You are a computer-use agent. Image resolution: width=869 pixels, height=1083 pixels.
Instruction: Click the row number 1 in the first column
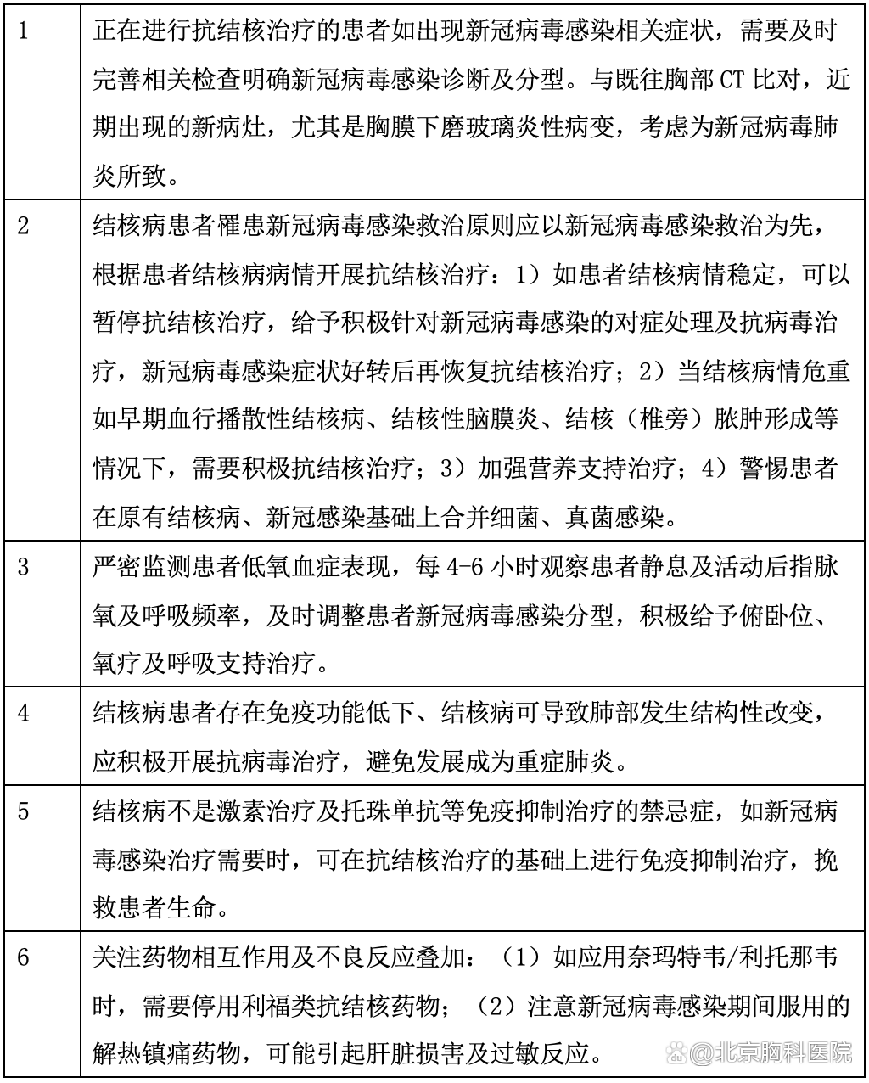click(23, 33)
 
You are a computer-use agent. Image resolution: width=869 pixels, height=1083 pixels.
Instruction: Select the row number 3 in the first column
click(23, 566)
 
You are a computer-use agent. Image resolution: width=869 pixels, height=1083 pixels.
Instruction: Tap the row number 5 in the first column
click(23, 811)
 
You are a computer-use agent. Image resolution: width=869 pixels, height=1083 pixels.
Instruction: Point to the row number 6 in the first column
click(23, 957)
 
